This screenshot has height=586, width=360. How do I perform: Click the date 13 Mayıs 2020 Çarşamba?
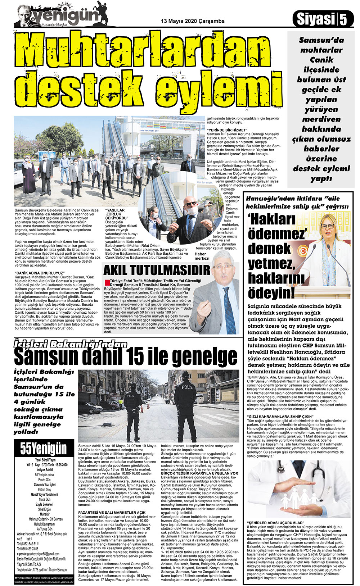(x=193, y=21)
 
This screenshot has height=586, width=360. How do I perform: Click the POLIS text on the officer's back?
(x=187, y=387)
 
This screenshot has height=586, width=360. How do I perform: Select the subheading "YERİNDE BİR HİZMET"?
(x=227, y=130)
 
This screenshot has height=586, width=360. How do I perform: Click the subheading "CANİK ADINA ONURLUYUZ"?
(x=38, y=273)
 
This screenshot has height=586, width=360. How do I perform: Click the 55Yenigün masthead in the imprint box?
(x=43, y=448)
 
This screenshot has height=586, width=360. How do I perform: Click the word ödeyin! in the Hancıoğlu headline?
(x=271, y=292)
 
